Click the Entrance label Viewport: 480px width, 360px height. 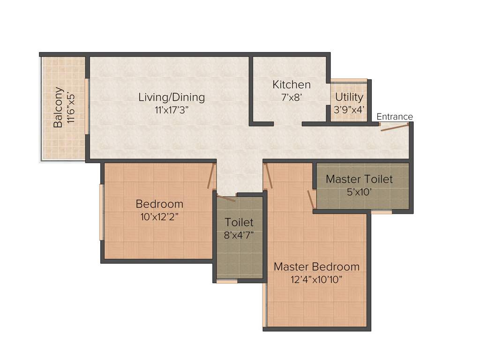coord(395,117)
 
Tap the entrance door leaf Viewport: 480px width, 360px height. coord(394,127)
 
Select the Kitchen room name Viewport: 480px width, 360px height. coord(292,85)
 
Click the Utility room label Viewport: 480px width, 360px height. coord(349,97)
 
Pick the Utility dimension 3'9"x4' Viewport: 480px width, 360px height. coord(349,110)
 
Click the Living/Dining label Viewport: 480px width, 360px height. coord(172,97)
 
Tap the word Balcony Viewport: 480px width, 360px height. coord(58,108)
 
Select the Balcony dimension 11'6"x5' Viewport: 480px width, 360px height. coord(71,107)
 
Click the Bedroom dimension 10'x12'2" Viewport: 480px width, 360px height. coord(159,217)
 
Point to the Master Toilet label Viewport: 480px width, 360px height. coord(359,179)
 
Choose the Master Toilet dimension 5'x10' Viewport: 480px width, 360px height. coord(359,192)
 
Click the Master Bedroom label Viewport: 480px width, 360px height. coord(316,267)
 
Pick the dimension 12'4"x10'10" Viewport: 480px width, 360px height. coord(316,280)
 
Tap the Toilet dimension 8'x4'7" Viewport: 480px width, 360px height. coord(239,235)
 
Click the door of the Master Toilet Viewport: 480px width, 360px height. coord(311,199)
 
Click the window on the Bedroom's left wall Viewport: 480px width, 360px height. coord(102,212)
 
